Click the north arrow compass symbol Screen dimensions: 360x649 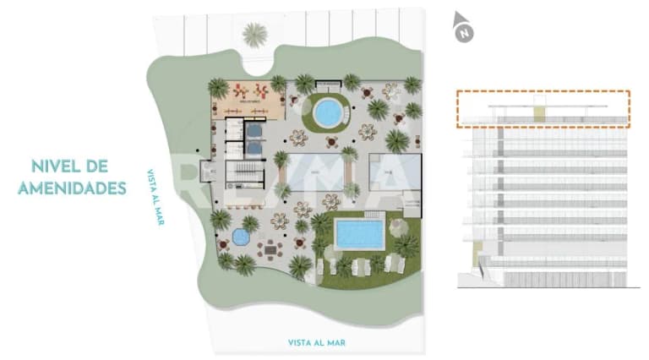click(x=462, y=27)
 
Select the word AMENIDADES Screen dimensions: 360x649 click(x=72, y=187)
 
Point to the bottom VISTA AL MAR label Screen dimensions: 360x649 click(x=317, y=342)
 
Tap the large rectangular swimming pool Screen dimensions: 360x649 click(x=359, y=234)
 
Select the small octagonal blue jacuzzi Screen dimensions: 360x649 click(x=241, y=237)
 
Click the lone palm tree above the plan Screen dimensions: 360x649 click(x=254, y=35)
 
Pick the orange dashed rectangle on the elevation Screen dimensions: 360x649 click(x=543, y=109)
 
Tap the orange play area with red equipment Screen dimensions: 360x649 click(x=250, y=96)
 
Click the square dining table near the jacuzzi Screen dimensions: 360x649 click(x=270, y=248)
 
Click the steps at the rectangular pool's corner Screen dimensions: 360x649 click(x=379, y=221)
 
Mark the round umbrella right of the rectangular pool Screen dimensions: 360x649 click(x=398, y=224)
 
